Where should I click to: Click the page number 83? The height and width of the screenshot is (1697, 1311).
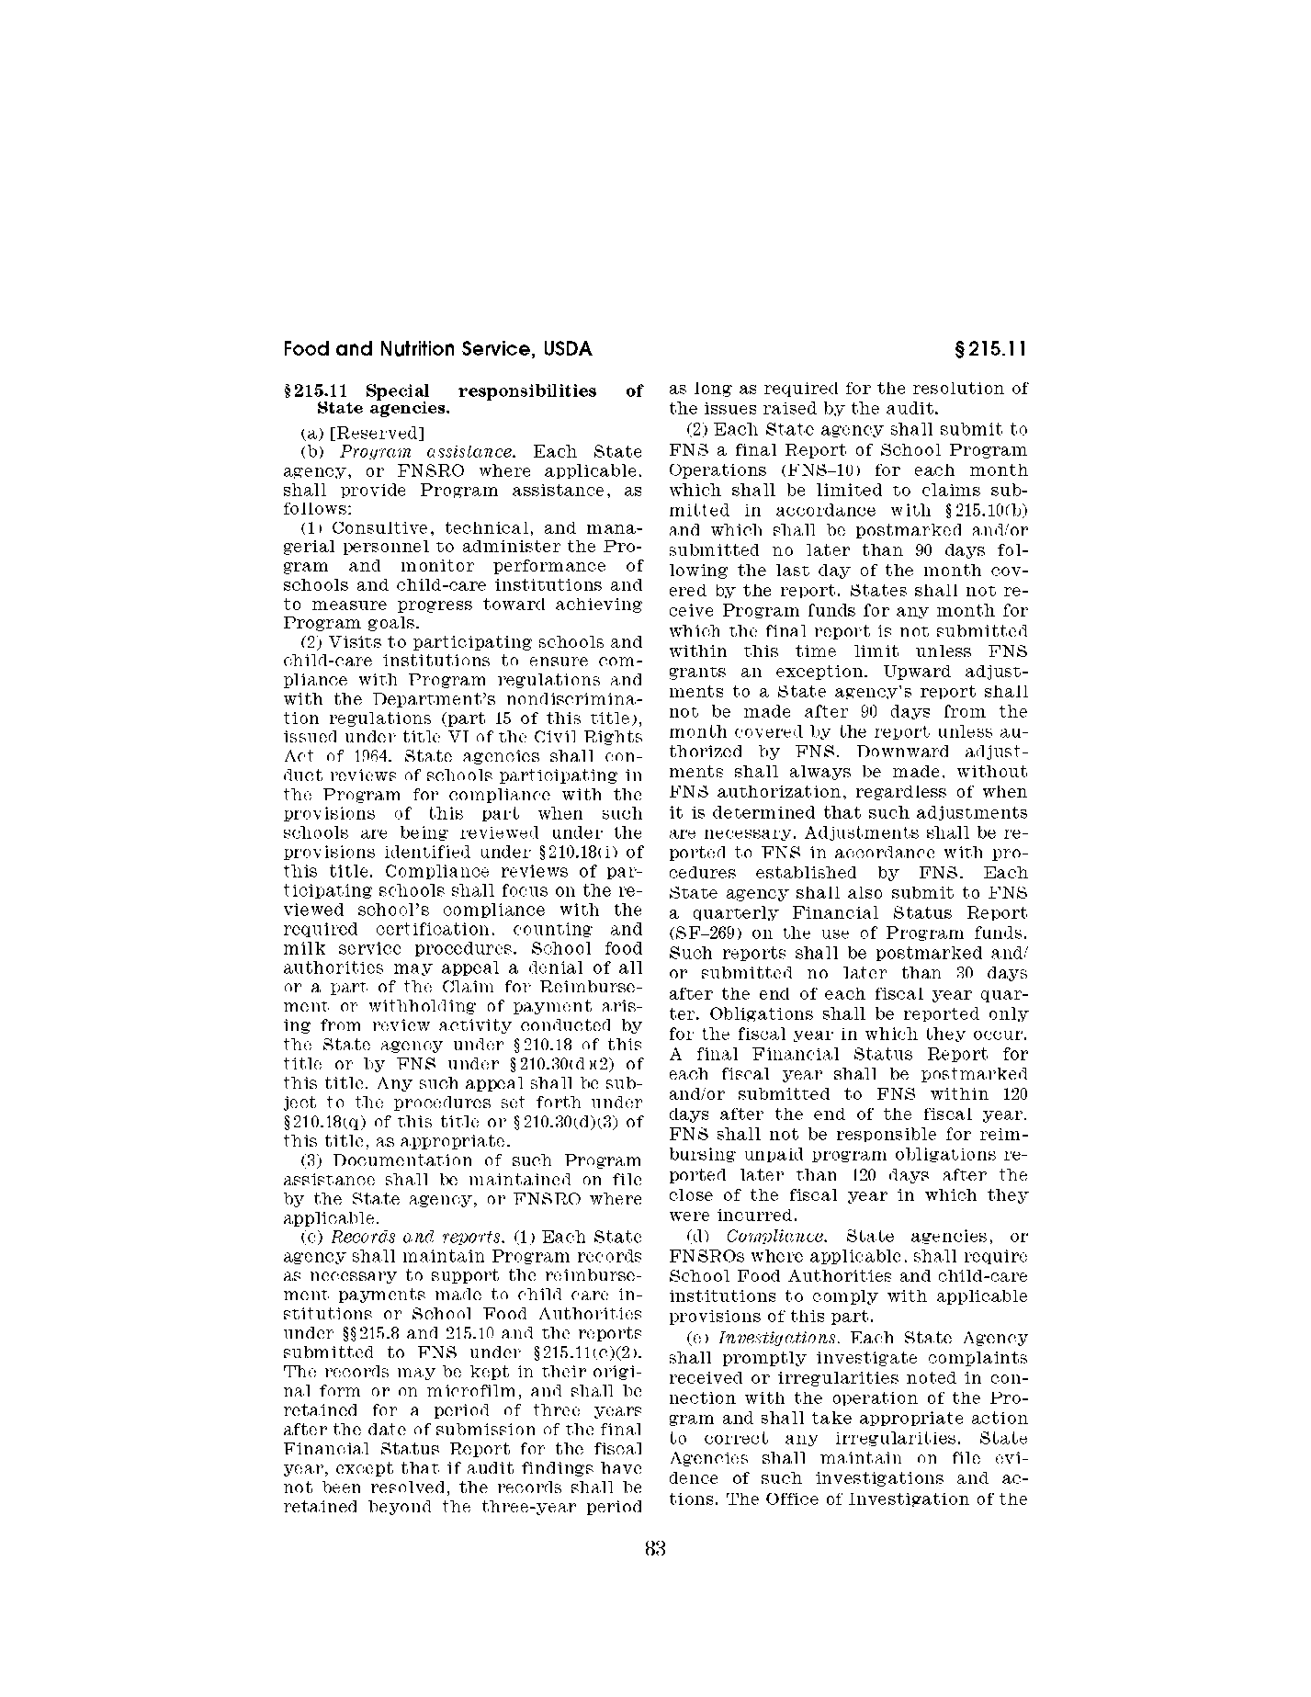tap(654, 1548)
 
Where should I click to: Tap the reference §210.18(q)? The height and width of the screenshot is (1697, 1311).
tap(318, 1121)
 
